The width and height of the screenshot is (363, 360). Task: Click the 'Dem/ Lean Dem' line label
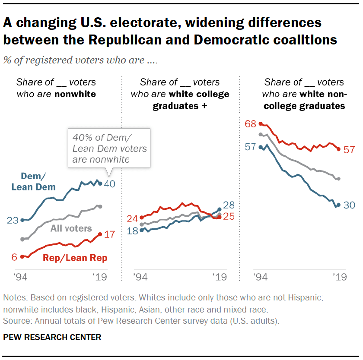coord(33,181)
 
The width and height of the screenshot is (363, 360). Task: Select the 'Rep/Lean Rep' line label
coord(75,258)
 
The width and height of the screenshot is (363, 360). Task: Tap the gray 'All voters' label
coord(71,228)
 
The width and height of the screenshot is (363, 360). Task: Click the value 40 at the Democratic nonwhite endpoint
coord(111,184)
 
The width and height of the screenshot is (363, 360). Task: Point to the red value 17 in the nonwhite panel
coord(109,234)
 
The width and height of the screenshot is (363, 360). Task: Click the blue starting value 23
coord(13,220)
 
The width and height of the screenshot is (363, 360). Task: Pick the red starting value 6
coord(14,256)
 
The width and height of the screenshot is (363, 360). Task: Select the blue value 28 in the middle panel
coord(229,205)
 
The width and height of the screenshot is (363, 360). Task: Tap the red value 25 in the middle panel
coord(229,217)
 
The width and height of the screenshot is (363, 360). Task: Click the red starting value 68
coord(251,124)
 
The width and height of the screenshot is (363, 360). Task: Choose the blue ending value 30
coord(349,205)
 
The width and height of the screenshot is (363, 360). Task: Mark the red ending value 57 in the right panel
coord(349,150)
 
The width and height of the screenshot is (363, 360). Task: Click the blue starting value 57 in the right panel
coord(251,147)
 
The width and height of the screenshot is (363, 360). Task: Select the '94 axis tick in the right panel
coord(261,277)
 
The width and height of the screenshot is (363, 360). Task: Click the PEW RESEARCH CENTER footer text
coord(52,337)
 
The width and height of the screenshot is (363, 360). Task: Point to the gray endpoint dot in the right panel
coord(338,179)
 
